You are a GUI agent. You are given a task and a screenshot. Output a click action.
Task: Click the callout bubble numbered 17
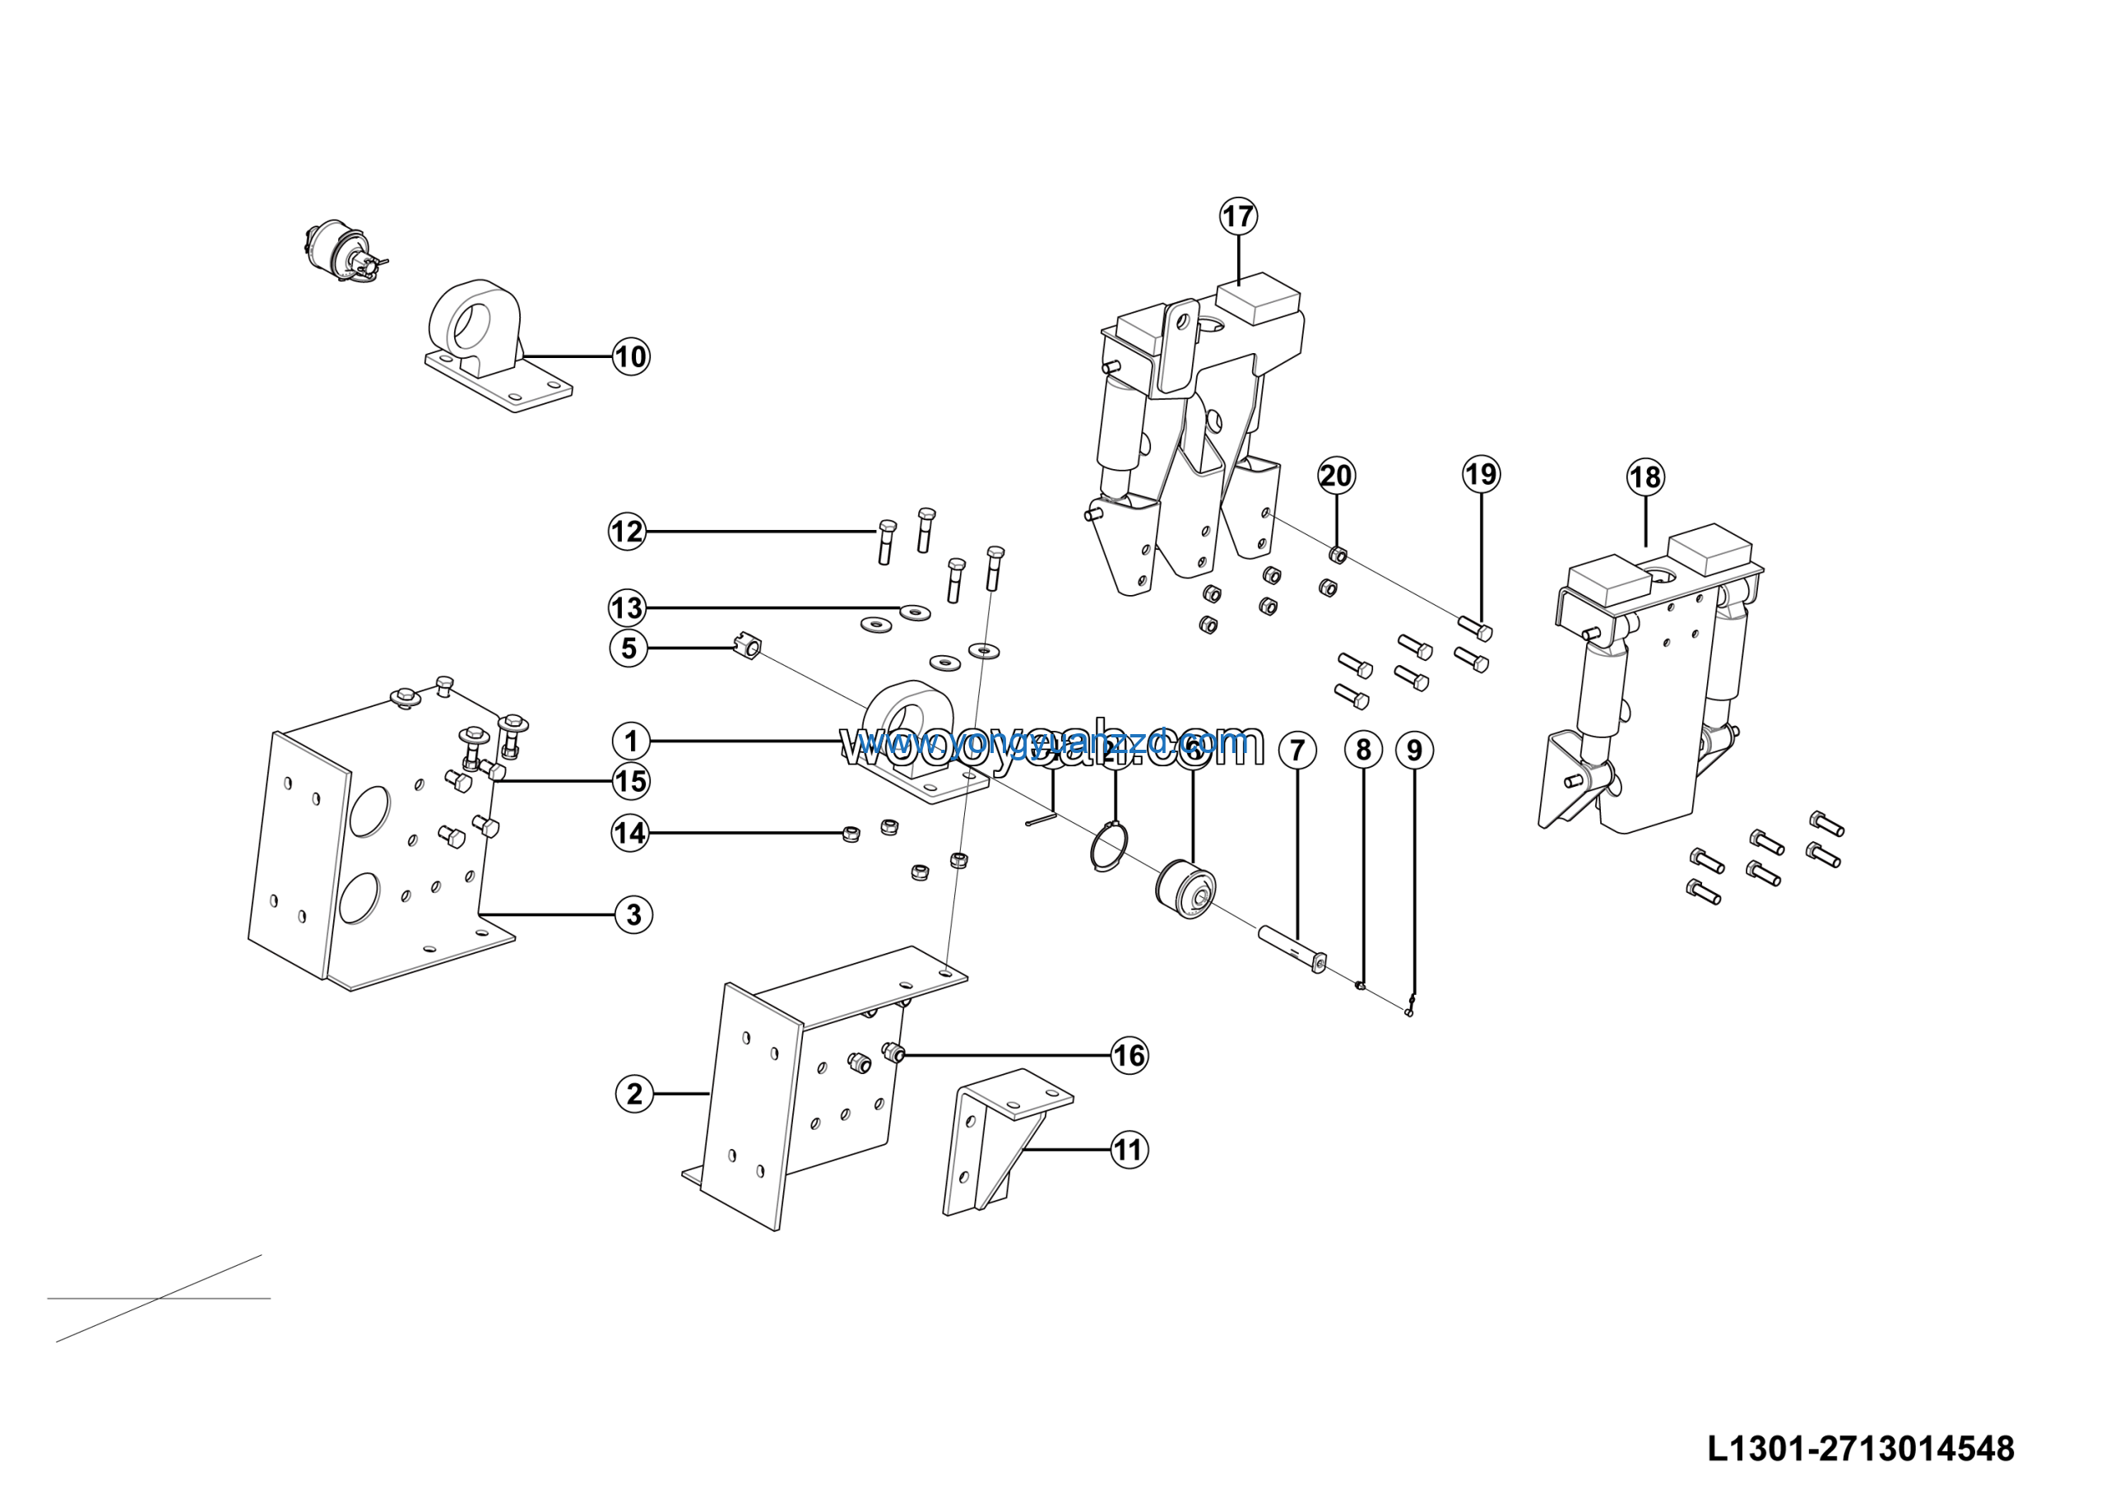(1238, 216)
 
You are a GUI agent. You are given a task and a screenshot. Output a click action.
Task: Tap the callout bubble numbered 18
(1645, 477)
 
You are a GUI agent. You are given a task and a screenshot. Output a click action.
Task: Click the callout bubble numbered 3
(633, 914)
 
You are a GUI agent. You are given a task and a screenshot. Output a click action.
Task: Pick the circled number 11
(1128, 1150)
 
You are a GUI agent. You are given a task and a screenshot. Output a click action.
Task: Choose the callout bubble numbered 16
(1130, 1055)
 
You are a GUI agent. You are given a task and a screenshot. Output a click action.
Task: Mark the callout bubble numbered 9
(1414, 751)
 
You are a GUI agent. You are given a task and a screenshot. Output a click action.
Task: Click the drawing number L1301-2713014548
(1860, 1448)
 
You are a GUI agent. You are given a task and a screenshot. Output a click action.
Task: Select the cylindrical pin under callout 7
(1292, 950)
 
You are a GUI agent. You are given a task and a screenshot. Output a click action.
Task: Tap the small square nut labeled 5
(749, 649)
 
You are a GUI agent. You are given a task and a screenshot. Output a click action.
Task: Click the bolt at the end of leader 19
(1476, 629)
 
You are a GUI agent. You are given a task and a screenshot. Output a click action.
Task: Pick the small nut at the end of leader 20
(1338, 554)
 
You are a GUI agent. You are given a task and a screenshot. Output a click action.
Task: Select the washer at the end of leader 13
(915, 611)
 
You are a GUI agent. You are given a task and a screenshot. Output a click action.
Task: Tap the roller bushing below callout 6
(1187, 889)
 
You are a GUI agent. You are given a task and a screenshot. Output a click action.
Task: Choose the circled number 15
(630, 782)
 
